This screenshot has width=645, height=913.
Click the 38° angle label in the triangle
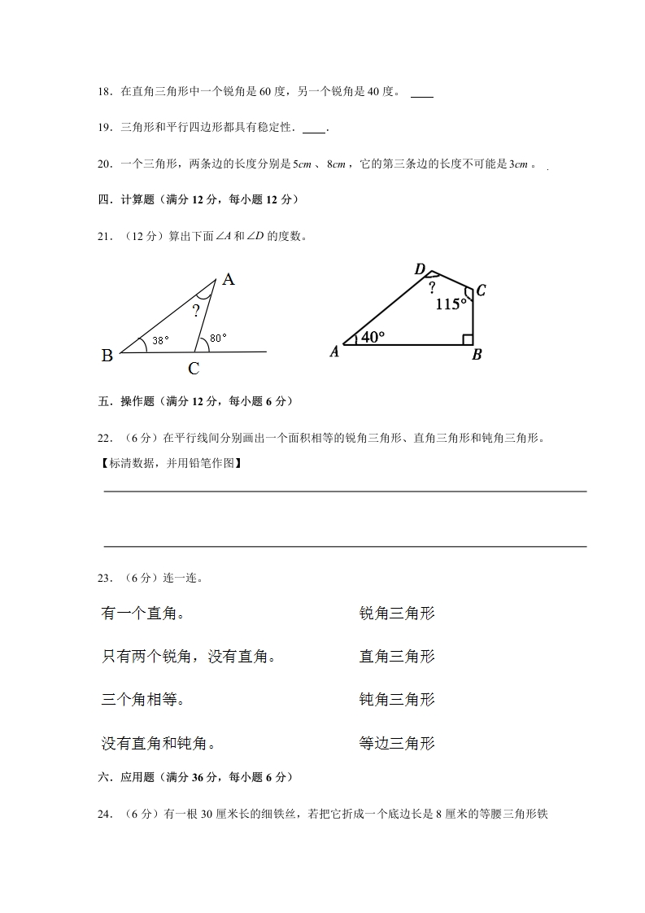click(x=160, y=341)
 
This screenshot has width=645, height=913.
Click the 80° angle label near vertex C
click(x=218, y=338)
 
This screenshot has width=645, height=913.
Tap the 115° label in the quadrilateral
click(x=451, y=304)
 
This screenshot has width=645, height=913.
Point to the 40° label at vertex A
click(x=372, y=337)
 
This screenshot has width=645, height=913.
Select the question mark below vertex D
click(x=432, y=287)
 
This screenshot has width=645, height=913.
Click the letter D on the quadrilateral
click(x=420, y=269)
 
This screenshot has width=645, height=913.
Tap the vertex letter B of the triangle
click(x=107, y=356)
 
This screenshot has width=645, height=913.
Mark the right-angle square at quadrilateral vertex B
click(x=468, y=339)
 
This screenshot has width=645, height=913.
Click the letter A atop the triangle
click(x=229, y=280)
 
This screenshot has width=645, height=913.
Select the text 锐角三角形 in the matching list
click(x=397, y=614)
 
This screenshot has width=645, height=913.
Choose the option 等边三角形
click(x=397, y=743)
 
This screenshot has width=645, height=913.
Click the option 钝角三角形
click(x=397, y=700)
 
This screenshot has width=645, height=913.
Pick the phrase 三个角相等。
click(x=142, y=700)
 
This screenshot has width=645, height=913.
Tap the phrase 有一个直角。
click(x=142, y=614)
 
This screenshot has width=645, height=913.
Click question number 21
click(x=103, y=237)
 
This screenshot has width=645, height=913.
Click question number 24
click(x=103, y=813)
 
